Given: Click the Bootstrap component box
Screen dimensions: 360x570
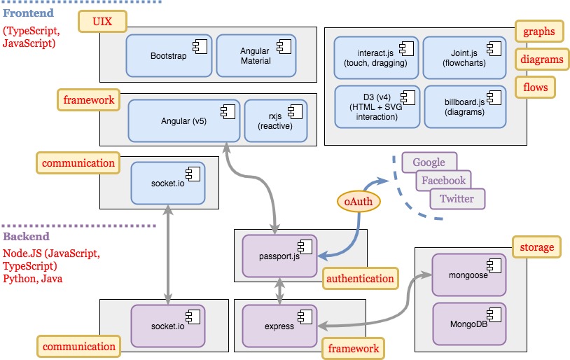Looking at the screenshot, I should coord(169,55).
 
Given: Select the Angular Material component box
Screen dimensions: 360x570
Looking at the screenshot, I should coord(255,55).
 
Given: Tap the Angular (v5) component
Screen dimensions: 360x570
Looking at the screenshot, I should coord(184,120).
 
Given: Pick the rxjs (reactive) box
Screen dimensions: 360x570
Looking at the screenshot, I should coord(274,120).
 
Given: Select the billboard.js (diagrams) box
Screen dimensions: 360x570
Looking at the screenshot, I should coord(464,106).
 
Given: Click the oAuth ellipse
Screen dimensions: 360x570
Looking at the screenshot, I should coord(359,202).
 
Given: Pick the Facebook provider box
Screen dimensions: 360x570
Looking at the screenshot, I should coord(443,181).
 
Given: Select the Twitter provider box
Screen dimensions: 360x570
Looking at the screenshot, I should coord(457,199).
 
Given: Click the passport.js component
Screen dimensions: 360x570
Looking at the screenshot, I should coord(279,256).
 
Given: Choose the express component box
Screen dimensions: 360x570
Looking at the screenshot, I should coord(279,325).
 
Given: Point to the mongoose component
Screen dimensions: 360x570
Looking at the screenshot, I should coord(468,275).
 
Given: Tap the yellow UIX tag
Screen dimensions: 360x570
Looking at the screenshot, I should coord(102,22).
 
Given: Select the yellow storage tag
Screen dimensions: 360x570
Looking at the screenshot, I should coord(537,247).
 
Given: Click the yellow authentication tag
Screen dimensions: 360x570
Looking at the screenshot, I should coord(360,279).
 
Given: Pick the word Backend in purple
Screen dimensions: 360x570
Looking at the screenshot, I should coord(26,237).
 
